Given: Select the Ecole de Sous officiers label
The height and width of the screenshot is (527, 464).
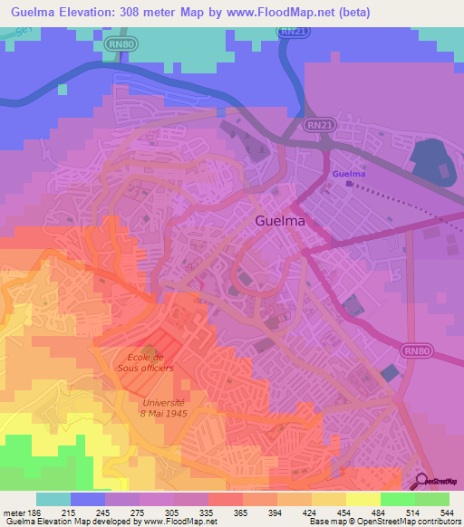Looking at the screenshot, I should pos(150,362).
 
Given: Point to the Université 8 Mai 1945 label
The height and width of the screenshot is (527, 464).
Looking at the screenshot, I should pos(163,407).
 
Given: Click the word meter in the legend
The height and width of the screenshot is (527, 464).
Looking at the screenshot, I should pos(14,513).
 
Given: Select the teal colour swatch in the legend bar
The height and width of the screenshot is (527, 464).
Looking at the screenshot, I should pos(53,499).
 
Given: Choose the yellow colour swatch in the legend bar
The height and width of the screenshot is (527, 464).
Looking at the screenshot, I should pos(362,499).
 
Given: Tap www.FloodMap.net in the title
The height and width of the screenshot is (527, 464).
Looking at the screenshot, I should pos(264,11).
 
